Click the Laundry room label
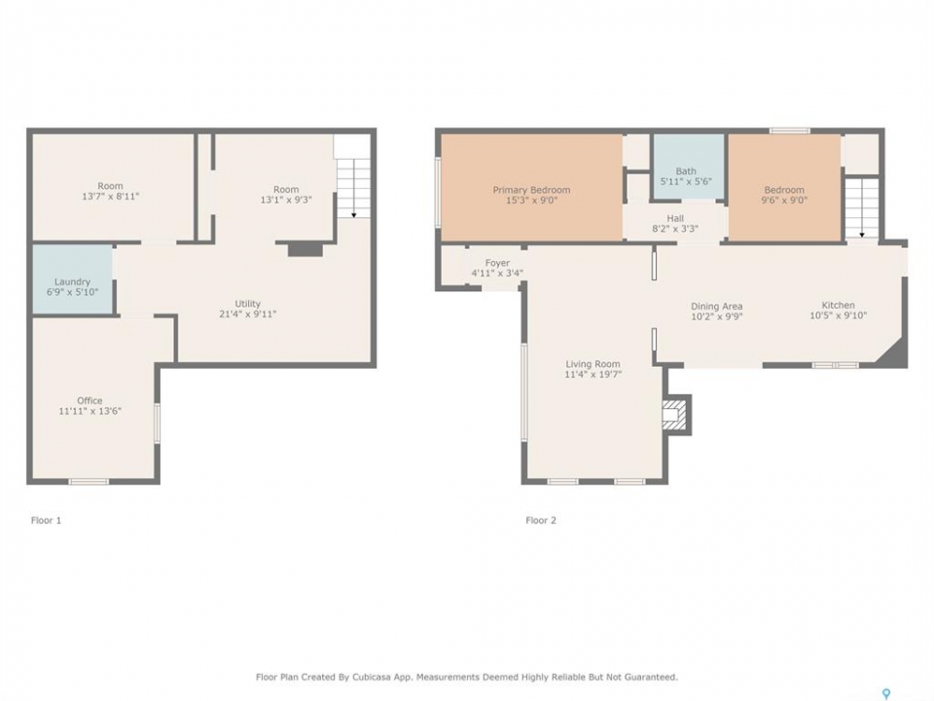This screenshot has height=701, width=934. point(72,282)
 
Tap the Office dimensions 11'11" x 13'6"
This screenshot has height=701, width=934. point(90,411)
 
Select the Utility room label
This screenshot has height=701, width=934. point(248,304)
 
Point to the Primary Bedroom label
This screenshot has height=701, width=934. point(531,190)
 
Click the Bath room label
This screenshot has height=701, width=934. point(686,171)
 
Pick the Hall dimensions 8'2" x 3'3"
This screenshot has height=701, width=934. point(675,228)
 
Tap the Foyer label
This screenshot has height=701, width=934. point(497,263)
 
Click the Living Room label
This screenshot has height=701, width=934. point(593,364)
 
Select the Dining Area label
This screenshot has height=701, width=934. point(717,306)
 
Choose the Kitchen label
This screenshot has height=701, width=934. point(838,305)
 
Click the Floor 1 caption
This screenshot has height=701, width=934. point(46,520)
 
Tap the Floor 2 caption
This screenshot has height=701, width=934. point(541,520)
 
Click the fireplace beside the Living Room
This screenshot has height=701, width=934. point(677,415)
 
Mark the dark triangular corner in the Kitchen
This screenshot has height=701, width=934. point(895,354)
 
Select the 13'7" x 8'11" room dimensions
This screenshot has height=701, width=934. point(110,196)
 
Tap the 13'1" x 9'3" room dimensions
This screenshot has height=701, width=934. point(286,200)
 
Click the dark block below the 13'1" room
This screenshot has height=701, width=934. point(305,250)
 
